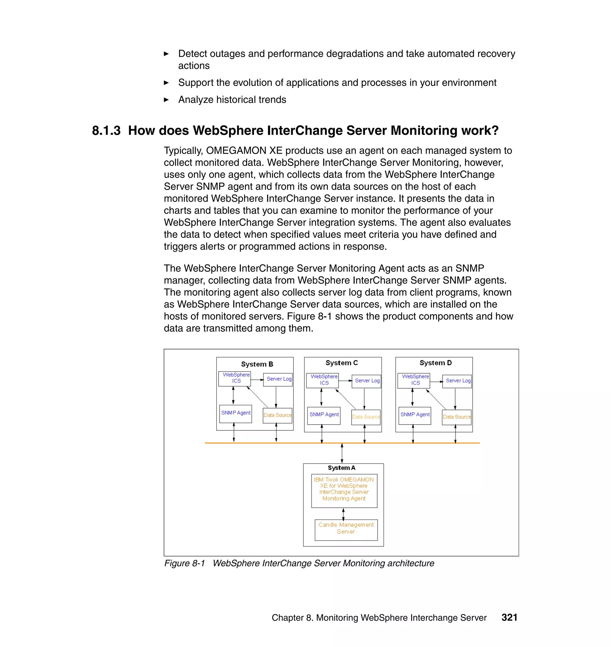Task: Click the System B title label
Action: click(x=257, y=364)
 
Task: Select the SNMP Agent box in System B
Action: click(x=235, y=413)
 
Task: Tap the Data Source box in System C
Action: click(x=366, y=417)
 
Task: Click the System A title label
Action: click(x=341, y=468)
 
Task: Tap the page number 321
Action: click(x=509, y=617)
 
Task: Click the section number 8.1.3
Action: click(x=106, y=131)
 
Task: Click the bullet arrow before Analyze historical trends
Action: click(x=166, y=100)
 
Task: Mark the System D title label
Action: click(x=436, y=363)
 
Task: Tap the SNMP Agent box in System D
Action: click(x=415, y=415)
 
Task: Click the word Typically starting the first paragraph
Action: click(x=183, y=151)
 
